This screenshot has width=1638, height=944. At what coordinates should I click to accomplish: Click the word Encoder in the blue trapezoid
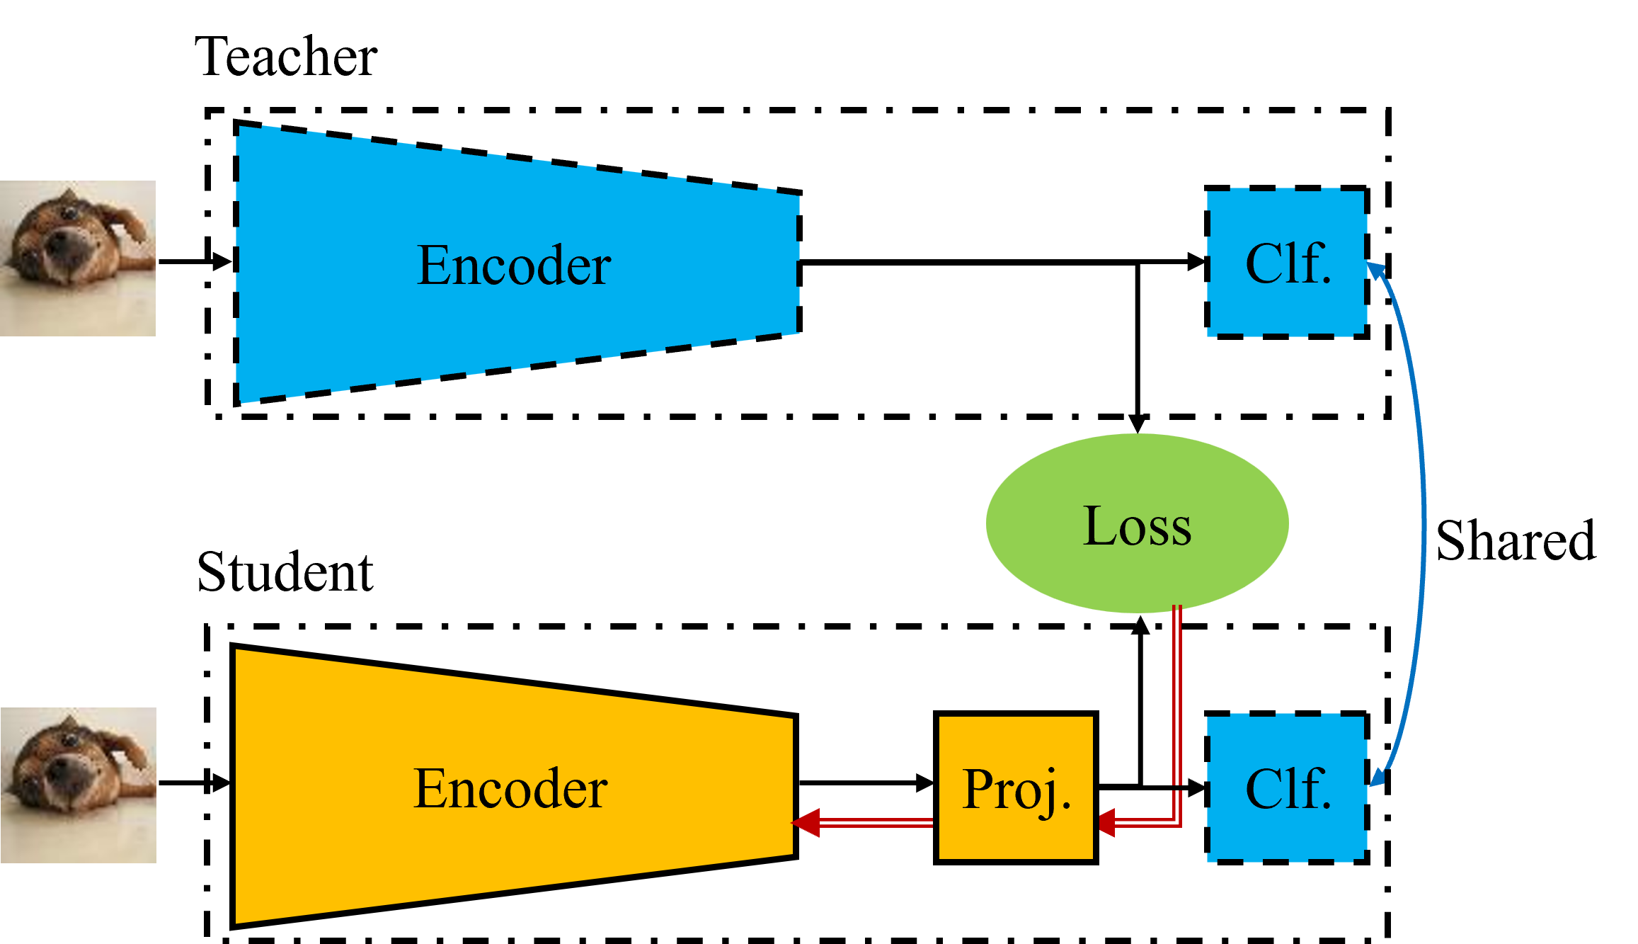pyautogui.click(x=514, y=266)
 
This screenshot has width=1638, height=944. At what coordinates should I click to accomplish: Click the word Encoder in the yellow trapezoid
pyautogui.click(x=510, y=788)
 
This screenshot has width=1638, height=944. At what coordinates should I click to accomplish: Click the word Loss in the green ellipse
pyautogui.click(x=1137, y=526)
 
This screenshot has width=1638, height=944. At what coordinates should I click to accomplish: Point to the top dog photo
pyautogui.click(x=78, y=258)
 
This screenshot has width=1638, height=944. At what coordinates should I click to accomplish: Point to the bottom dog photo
pyautogui.click(x=78, y=785)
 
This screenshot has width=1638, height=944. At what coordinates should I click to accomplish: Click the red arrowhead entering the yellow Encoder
pyautogui.click(x=806, y=823)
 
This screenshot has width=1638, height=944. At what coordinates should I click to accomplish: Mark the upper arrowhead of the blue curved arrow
pyautogui.click(x=1375, y=271)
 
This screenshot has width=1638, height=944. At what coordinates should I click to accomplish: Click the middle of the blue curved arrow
pyautogui.click(x=1424, y=524)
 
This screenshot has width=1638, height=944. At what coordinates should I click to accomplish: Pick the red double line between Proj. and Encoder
pyautogui.click(x=878, y=823)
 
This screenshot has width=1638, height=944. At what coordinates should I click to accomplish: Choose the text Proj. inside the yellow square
pyautogui.click(x=1016, y=790)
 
